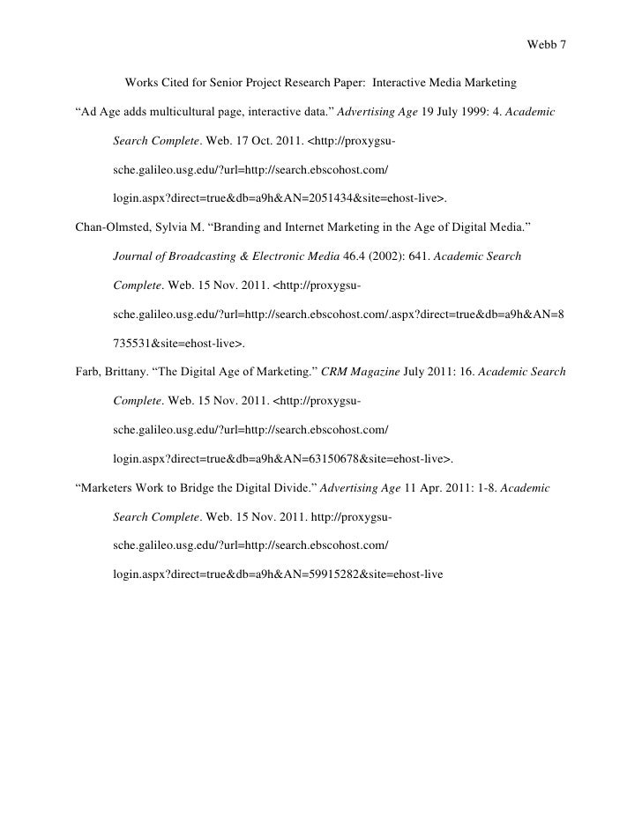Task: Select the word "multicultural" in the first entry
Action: tap(174, 114)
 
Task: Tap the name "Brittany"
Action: tap(131, 372)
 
